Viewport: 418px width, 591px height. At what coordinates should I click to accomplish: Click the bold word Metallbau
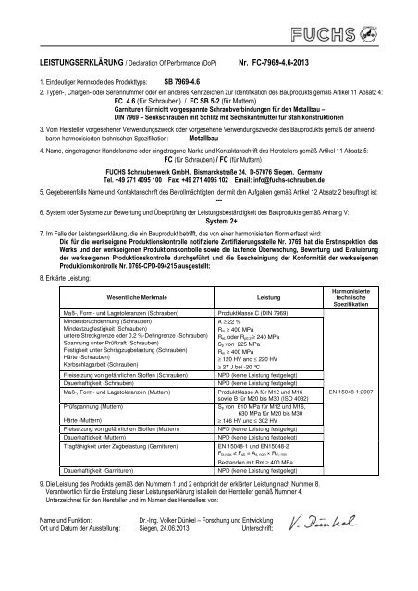tap(217, 143)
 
